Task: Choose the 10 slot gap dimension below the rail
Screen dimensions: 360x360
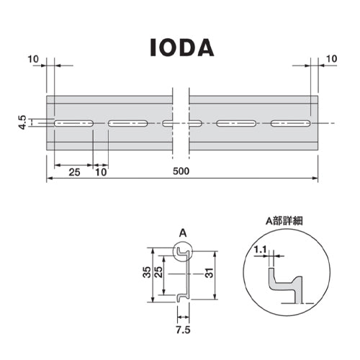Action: tap(101, 172)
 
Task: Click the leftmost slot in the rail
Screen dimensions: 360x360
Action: tap(73, 123)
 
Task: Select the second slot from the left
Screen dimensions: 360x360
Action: tap(129, 123)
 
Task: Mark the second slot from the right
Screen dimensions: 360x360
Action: tap(237, 123)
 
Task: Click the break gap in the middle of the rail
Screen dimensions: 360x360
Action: tap(181, 123)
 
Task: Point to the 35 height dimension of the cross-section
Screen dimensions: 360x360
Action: tap(146, 274)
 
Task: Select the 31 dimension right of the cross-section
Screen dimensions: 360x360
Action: tap(210, 274)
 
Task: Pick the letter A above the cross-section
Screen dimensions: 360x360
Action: tap(182, 233)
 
